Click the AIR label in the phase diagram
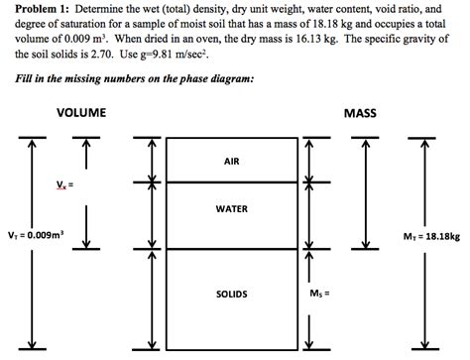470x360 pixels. (x=231, y=161)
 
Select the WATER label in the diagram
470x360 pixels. (x=231, y=209)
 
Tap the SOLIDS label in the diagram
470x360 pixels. (x=231, y=295)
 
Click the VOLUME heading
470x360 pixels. (x=81, y=113)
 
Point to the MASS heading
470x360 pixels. (x=359, y=113)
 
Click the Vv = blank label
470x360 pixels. (x=65, y=183)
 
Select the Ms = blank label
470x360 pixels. (x=320, y=294)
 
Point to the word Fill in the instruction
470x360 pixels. (x=15, y=78)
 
